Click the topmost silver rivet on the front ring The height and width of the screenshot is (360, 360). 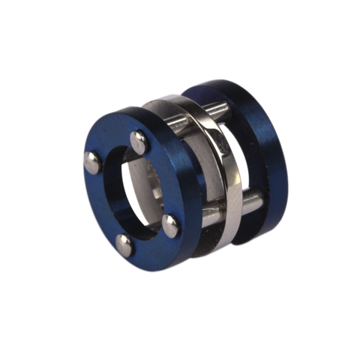(139, 138)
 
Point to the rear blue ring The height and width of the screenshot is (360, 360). (262, 150)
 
